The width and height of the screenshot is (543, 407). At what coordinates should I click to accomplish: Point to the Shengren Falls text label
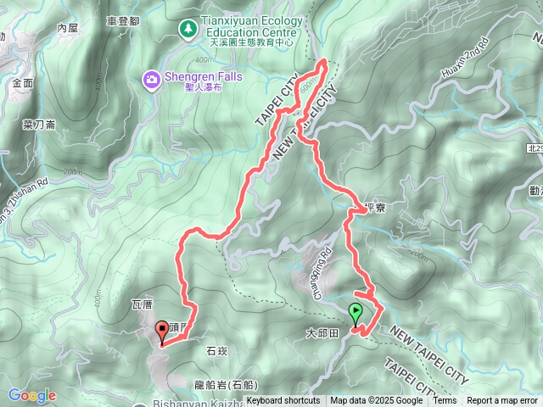pos(204,76)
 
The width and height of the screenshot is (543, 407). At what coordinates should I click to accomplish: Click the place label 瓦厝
pos(143,304)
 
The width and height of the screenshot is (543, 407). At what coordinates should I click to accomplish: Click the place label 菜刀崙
pos(38,124)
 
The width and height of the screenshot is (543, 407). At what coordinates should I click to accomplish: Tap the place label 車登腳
pos(124,20)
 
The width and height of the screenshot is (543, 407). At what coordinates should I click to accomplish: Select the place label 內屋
pos(68,28)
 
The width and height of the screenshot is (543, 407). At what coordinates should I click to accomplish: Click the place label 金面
pos(23,82)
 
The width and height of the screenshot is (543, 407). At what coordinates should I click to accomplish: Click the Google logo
pos(32,395)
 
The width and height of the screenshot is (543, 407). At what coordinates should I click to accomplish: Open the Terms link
pos(445,401)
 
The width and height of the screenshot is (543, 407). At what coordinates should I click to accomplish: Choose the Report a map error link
pos(502,401)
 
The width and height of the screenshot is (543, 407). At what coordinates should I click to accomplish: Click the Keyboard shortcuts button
pos(283,401)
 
